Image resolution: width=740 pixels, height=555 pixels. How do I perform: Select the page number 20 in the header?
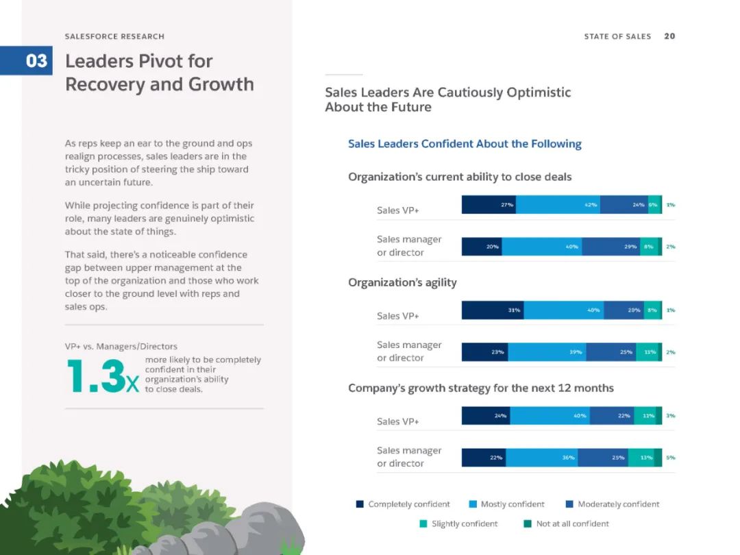coord(669,36)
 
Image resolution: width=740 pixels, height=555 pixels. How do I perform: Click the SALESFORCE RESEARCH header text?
coord(114,36)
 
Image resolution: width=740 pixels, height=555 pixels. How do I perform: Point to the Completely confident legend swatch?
coord(360,504)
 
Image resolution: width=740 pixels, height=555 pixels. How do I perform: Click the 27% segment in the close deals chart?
coord(489,204)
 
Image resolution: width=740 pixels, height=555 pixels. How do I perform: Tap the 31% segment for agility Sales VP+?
coord(493,310)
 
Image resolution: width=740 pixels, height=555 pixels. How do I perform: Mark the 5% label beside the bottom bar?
coord(670,458)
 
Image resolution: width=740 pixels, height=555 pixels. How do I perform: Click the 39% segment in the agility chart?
coord(547,352)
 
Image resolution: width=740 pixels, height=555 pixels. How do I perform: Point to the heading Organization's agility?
coord(402,282)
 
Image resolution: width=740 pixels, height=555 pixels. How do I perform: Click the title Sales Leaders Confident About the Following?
coord(465,144)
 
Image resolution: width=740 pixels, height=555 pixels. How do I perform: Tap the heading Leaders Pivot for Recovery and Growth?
coord(159,73)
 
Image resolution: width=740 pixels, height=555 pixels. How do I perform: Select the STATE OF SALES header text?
coord(617,36)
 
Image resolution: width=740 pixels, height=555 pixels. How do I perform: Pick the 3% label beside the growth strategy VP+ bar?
coord(670,415)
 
